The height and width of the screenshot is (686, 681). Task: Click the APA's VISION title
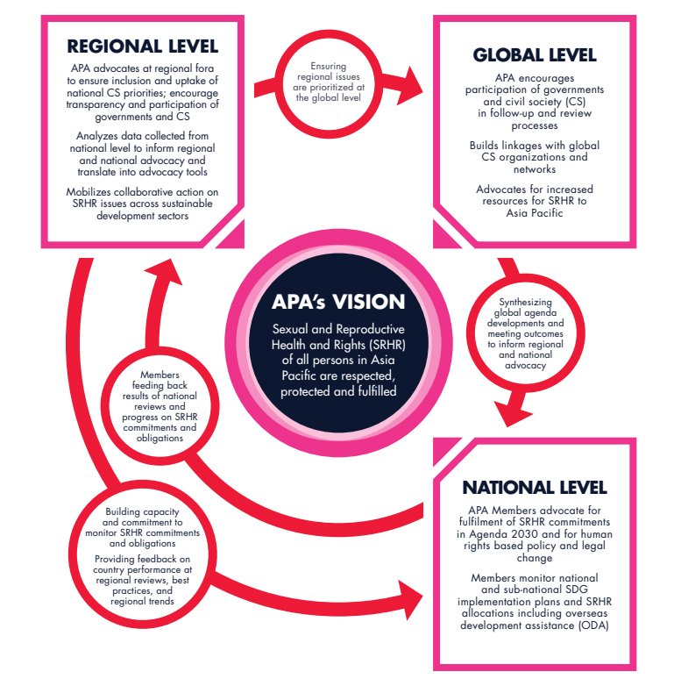(x=337, y=301)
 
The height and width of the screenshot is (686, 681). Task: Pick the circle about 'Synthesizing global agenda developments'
(x=518, y=333)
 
